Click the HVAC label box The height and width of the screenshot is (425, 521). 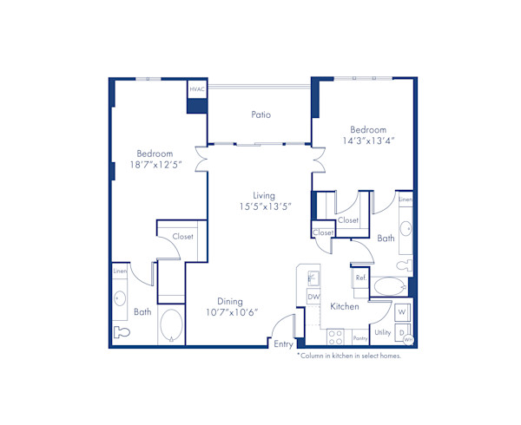pyautogui.click(x=197, y=89)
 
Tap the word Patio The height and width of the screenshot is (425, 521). pyautogui.click(x=261, y=114)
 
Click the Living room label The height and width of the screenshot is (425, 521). pyautogui.click(x=264, y=195)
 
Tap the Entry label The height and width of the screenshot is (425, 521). pyautogui.click(x=283, y=344)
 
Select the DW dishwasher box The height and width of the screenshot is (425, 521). pyautogui.click(x=313, y=297)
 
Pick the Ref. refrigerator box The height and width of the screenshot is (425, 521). pyautogui.click(x=359, y=278)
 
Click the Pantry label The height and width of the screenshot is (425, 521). pyautogui.click(x=361, y=338)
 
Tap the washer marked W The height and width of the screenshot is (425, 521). pyautogui.click(x=402, y=311)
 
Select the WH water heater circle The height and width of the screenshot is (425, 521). pyautogui.click(x=408, y=339)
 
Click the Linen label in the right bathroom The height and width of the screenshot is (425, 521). pyautogui.click(x=406, y=199)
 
